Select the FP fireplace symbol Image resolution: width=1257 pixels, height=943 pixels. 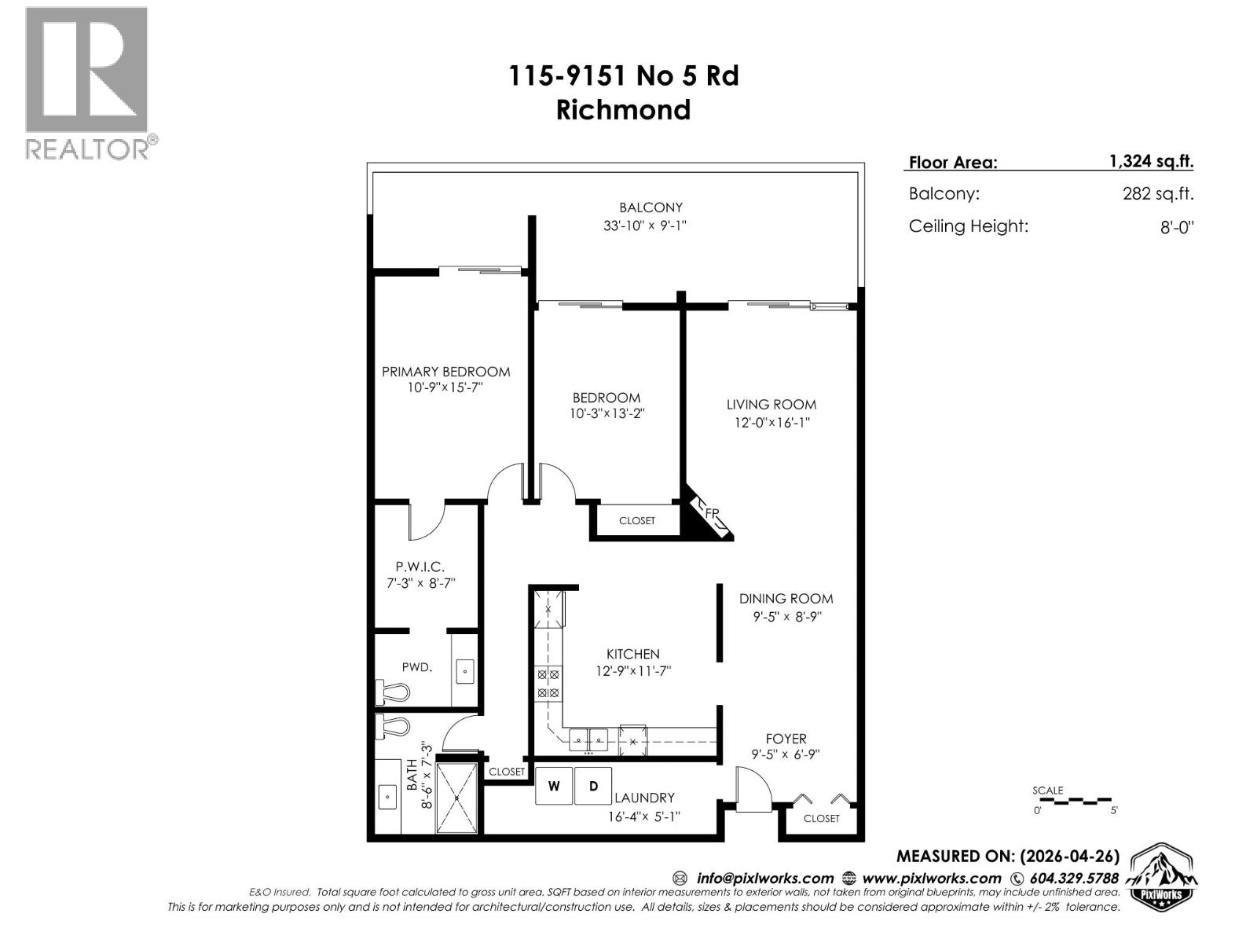pyautogui.click(x=709, y=516)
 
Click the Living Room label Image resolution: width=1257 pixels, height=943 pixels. pyautogui.click(x=771, y=405)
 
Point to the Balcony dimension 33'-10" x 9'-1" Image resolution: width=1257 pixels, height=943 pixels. pyautogui.click(x=650, y=226)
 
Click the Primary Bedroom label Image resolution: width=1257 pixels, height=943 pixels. pyautogui.click(x=445, y=372)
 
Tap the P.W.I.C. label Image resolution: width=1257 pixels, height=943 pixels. pyautogui.click(x=420, y=566)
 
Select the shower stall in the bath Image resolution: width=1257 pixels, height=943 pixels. pyautogui.click(x=456, y=796)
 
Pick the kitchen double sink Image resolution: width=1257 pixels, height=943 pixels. pyautogui.click(x=588, y=739)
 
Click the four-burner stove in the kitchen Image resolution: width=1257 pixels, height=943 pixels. pyautogui.click(x=548, y=684)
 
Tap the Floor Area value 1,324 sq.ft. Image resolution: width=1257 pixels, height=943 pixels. pyautogui.click(x=1151, y=161)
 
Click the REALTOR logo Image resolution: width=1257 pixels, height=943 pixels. pyautogui.click(x=86, y=83)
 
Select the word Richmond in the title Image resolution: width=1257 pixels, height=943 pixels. pyautogui.click(x=623, y=109)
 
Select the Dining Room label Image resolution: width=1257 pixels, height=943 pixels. pyautogui.click(x=786, y=598)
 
